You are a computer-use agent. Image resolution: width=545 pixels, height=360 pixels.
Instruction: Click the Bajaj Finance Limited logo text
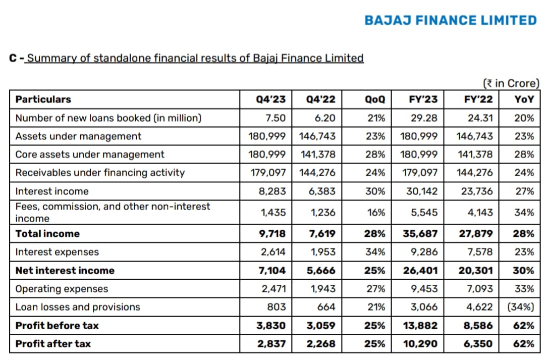[x=451, y=21]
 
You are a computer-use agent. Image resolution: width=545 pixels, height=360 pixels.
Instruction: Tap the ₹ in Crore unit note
[x=511, y=83]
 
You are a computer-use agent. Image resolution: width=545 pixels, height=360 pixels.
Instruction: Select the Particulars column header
[x=43, y=99]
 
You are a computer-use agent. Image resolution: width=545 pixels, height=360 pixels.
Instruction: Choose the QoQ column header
[x=374, y=99]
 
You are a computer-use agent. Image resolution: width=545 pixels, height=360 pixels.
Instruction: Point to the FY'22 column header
[x=478, y=99]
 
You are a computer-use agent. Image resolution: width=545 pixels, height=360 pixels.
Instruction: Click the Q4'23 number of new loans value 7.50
[x=276, y=118]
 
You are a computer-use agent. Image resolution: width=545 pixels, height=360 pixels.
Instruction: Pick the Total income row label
[x=47, y=234]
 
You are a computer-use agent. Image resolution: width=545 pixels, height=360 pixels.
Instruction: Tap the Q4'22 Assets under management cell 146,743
[x=317, y=136]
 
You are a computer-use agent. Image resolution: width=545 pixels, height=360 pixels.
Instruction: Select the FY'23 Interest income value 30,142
[x=422, y=191]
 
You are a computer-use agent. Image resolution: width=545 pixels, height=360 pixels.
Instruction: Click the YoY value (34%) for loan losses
[x=521, y=307]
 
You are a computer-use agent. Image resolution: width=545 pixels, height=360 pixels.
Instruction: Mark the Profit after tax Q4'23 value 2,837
[x=271, y=344]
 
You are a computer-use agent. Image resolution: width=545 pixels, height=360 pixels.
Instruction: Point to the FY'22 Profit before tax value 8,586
[x=478, y=326]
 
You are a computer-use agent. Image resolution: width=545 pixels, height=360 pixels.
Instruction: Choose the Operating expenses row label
[x=62, y=289]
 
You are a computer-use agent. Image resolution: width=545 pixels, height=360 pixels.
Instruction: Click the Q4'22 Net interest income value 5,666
[x=321, y=271]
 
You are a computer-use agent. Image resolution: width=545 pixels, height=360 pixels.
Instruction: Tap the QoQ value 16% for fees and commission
[x=376, y=213]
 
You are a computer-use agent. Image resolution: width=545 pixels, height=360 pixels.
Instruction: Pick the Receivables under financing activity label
[x=100, y=173]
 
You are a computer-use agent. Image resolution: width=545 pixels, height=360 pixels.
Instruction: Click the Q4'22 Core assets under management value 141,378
[x=318, y=155]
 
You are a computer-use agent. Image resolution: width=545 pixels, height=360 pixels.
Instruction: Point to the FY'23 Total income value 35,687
[x=420, y=234]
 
